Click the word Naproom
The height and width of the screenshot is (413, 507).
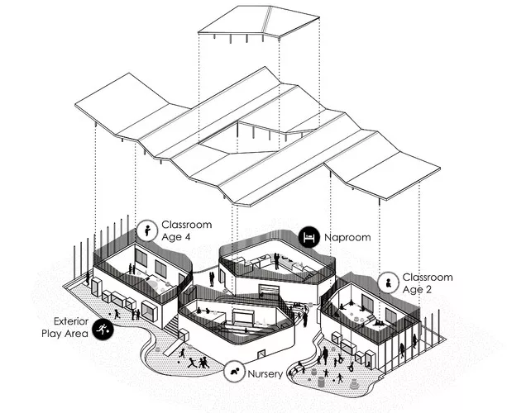click(347, 237)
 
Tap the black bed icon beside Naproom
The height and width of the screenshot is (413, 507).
click(309, 237)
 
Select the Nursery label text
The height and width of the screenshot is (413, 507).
click(265, 374)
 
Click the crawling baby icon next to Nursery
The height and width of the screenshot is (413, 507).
click(234, 372)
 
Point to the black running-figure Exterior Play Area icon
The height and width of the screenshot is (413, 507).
click(103, 330)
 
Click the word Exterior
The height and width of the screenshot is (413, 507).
click(71, 321)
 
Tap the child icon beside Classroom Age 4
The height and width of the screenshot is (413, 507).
click(147, 230)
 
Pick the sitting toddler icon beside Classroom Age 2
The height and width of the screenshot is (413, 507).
click(388, 282)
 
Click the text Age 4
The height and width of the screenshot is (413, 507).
click(176, 237)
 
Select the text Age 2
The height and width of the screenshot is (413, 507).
click(417, 290)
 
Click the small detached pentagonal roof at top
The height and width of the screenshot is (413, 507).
click(259, 22)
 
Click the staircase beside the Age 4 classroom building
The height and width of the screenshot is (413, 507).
click(172, 325)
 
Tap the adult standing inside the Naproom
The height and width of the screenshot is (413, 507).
click(276, 261)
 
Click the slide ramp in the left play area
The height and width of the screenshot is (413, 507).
click(173, 348)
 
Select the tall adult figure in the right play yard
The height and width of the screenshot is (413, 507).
click(325, 356)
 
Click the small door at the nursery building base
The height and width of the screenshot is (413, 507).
click(261, 354)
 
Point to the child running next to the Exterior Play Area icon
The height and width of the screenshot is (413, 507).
click(117, 314)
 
